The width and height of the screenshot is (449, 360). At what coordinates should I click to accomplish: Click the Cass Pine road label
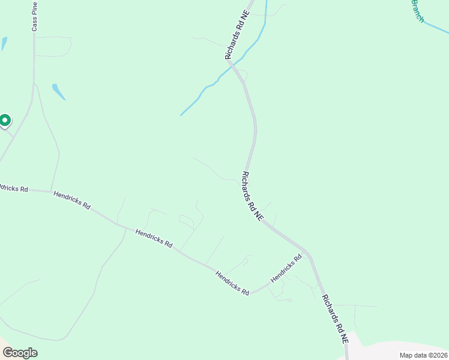click(35, 16)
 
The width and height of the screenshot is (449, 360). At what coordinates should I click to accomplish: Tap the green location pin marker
click(5, 121)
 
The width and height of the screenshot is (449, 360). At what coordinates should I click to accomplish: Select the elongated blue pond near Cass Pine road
click(58, 91)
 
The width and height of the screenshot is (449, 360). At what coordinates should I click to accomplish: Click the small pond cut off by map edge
click(4, 44)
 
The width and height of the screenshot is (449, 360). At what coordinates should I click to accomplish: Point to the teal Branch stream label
click(417, 11)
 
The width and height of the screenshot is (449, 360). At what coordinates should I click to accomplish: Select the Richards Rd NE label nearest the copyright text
click(334, 319)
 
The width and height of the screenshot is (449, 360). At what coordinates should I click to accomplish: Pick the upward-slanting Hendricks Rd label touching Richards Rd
click(286, 268)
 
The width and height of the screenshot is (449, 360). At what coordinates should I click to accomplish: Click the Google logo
click(20, 353)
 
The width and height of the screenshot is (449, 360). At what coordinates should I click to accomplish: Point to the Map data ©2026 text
click(423, 355)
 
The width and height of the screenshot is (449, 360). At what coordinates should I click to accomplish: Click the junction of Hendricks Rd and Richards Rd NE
click(307, 252)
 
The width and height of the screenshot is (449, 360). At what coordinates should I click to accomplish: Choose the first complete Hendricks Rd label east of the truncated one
click(71, 200)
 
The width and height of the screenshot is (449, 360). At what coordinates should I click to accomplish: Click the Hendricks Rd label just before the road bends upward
click(232, 283)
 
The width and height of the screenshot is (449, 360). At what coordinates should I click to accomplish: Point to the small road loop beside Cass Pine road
click(53, 47)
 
